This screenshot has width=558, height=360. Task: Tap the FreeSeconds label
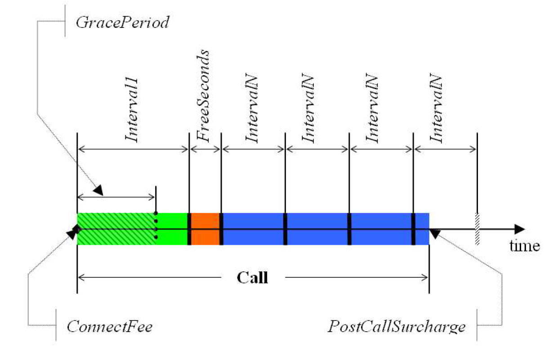pos(205,96)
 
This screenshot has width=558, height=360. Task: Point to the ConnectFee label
pos(110,326)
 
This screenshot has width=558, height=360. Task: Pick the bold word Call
pos(252,277)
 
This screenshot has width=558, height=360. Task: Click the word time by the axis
pos(524,246)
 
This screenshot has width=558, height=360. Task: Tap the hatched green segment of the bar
pos(116,229)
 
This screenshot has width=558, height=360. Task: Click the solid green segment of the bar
pos(172,229)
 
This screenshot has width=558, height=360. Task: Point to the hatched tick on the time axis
pos(477,229)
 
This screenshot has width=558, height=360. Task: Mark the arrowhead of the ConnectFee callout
pos(73,232)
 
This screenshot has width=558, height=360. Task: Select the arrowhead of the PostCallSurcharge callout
pos(435,233)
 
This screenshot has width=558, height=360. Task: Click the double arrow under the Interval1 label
pos(133,149)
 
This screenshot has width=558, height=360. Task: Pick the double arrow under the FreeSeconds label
pos(205,149)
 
